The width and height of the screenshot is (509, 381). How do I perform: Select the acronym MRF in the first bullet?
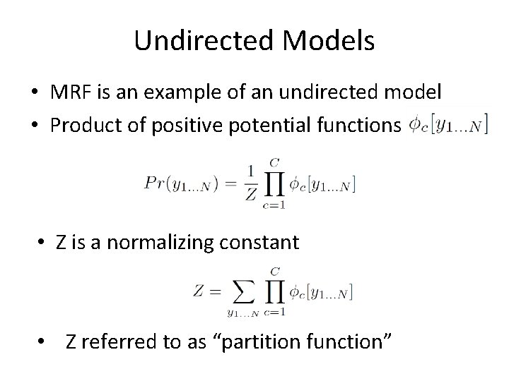[x=69, y=92]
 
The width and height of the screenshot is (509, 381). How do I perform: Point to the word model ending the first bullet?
[x=412, y=92]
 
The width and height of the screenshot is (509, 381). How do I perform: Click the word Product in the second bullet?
[x=83, y=125]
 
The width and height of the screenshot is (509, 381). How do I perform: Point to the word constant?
[x=261, y=243]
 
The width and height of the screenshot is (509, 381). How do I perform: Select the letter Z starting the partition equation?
[x=198, y=291]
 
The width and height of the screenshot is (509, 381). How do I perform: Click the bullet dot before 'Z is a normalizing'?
[x=42, y=244]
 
